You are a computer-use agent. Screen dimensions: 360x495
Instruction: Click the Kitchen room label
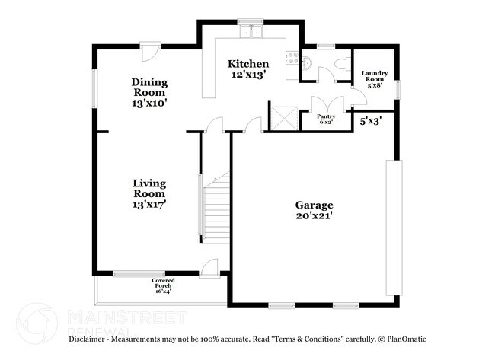coord(249,69)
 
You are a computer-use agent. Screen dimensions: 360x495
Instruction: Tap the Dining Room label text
coord(148,91)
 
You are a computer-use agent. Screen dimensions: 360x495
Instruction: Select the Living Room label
coord(149,193)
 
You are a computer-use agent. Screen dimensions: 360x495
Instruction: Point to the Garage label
coord(314,211)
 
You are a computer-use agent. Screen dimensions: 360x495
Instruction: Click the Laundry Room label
coord(375,80)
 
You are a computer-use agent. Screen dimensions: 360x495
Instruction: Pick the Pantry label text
coord(326,119)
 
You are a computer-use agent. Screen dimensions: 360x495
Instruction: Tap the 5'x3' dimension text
coord(370,120)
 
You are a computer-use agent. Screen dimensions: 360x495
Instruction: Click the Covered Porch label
coord(163,285)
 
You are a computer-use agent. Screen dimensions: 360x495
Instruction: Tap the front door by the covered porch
coord(209,268)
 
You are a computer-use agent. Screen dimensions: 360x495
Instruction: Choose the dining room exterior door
coord(150,53)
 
